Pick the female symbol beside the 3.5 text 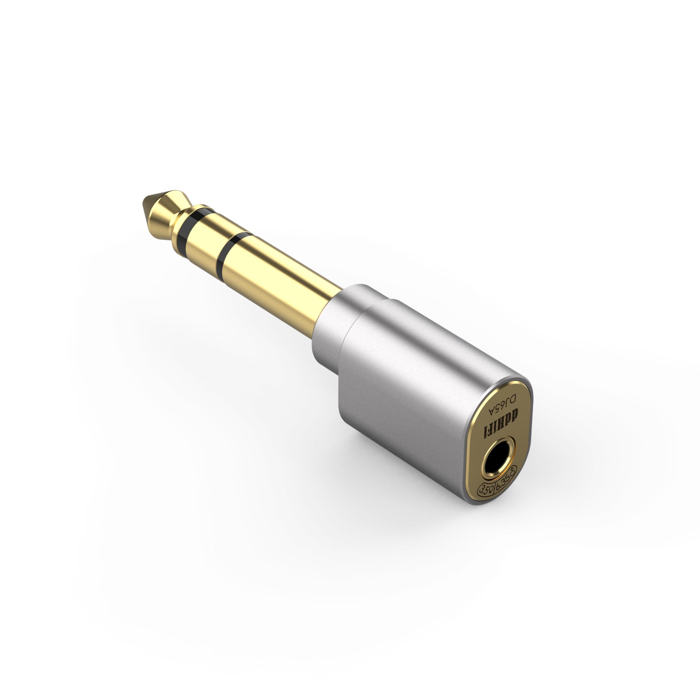(490, 490)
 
